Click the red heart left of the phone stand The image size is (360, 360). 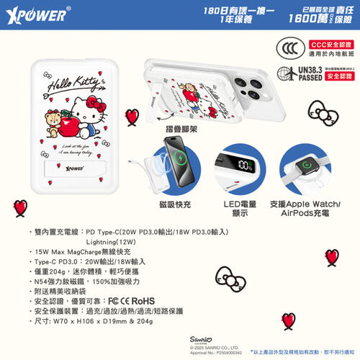click(x=132, y=117)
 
